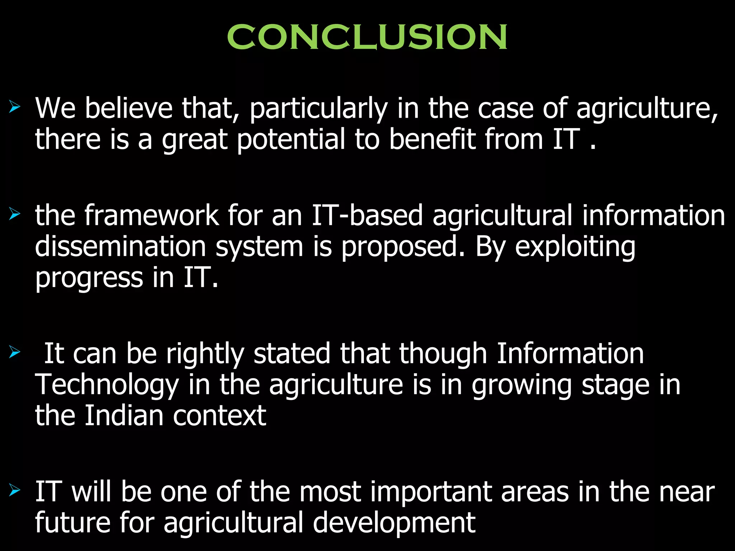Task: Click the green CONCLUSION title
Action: (x=367, y=37)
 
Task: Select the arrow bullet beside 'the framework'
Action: (x=15, y=214)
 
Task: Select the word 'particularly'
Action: (x=318, y=109)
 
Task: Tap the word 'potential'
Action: (x=291, y=139)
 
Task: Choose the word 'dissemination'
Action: (x=121, y=246)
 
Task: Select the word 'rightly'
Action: (x=205, y=354)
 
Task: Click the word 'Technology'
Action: (x=107, y=385)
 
